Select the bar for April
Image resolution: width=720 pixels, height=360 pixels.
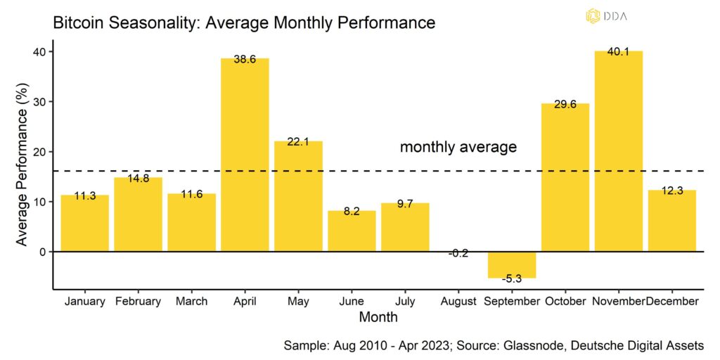(245, 155)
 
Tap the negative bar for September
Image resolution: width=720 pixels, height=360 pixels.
(512, 264)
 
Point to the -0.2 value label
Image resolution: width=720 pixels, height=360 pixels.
(458, 252)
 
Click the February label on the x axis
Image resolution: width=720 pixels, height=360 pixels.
(138, 302)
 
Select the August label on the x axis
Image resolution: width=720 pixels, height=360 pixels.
(458, 302)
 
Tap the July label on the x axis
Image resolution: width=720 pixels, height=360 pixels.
(405, 302)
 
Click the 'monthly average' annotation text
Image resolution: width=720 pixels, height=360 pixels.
(458, 147)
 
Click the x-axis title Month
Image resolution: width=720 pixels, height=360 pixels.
(378, 318)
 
